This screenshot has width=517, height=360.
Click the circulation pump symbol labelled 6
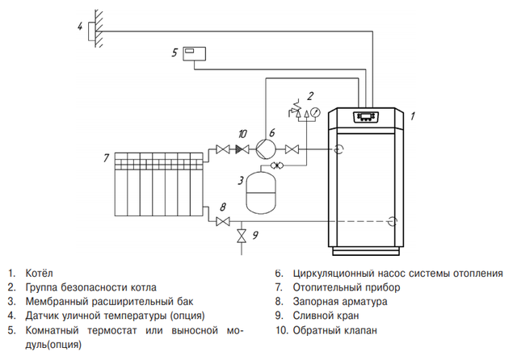click(265, 149)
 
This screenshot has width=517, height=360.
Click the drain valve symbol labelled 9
click(239, 237)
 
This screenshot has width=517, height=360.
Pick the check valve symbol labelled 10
click(241, 149)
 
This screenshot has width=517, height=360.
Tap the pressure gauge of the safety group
click(314, 111)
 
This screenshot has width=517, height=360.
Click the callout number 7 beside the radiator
click(106, 157)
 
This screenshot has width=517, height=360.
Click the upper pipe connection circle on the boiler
click(340, 149)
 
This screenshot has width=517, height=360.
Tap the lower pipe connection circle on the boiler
click(392, 220)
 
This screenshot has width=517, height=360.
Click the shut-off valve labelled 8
click(224, 220)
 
